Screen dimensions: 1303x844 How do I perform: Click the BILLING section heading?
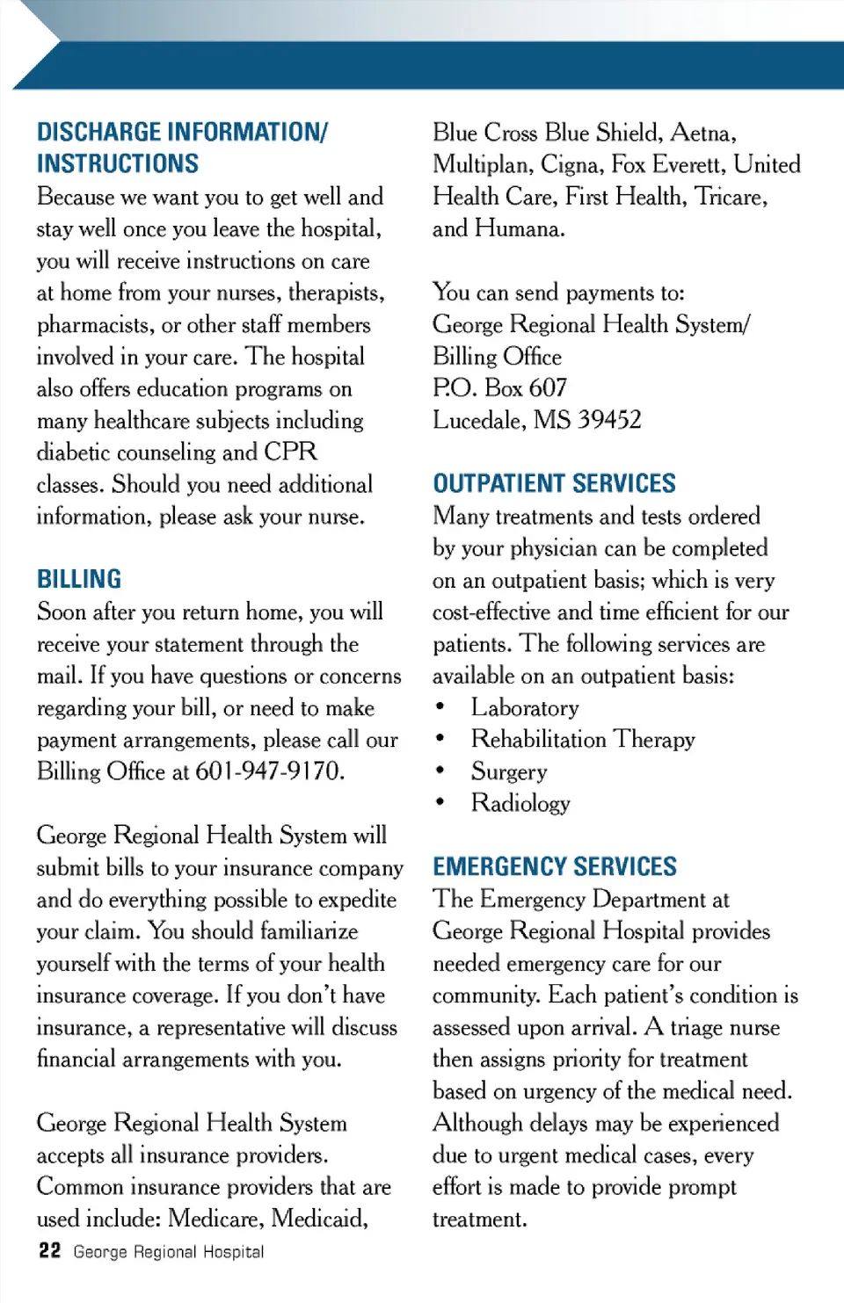tap(79, 579)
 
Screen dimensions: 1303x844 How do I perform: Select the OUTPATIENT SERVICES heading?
tap(554, 483)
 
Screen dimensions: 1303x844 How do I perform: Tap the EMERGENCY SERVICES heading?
tap(554, 866)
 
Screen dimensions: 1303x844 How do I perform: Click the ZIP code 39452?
tap(609, 420)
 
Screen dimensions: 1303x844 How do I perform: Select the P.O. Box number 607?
tap(549, 387)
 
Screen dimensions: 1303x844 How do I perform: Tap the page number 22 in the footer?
tap(49, 1250)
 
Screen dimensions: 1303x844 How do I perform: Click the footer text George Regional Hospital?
tap(169, 1251)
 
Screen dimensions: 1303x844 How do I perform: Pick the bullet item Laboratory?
tap(525, 707)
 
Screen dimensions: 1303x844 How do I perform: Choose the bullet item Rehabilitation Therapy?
tap(583, 739)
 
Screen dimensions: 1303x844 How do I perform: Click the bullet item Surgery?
tap(509, 771)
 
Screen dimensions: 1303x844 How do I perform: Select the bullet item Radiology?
tap(520, 803)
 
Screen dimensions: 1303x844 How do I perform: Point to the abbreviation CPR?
tap(290, 452)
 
